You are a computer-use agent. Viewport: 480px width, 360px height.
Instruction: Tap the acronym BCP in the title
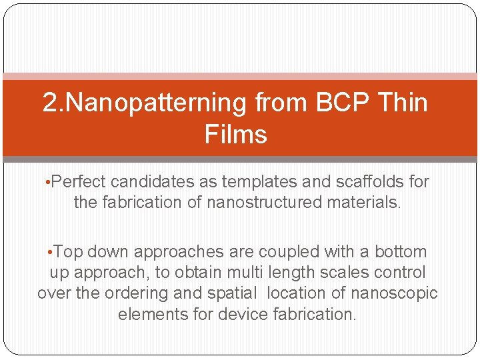pos(345,103)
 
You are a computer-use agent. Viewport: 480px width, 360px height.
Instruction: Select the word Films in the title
pos(236,134)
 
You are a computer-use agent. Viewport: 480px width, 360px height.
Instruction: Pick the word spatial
pos(230,294)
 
